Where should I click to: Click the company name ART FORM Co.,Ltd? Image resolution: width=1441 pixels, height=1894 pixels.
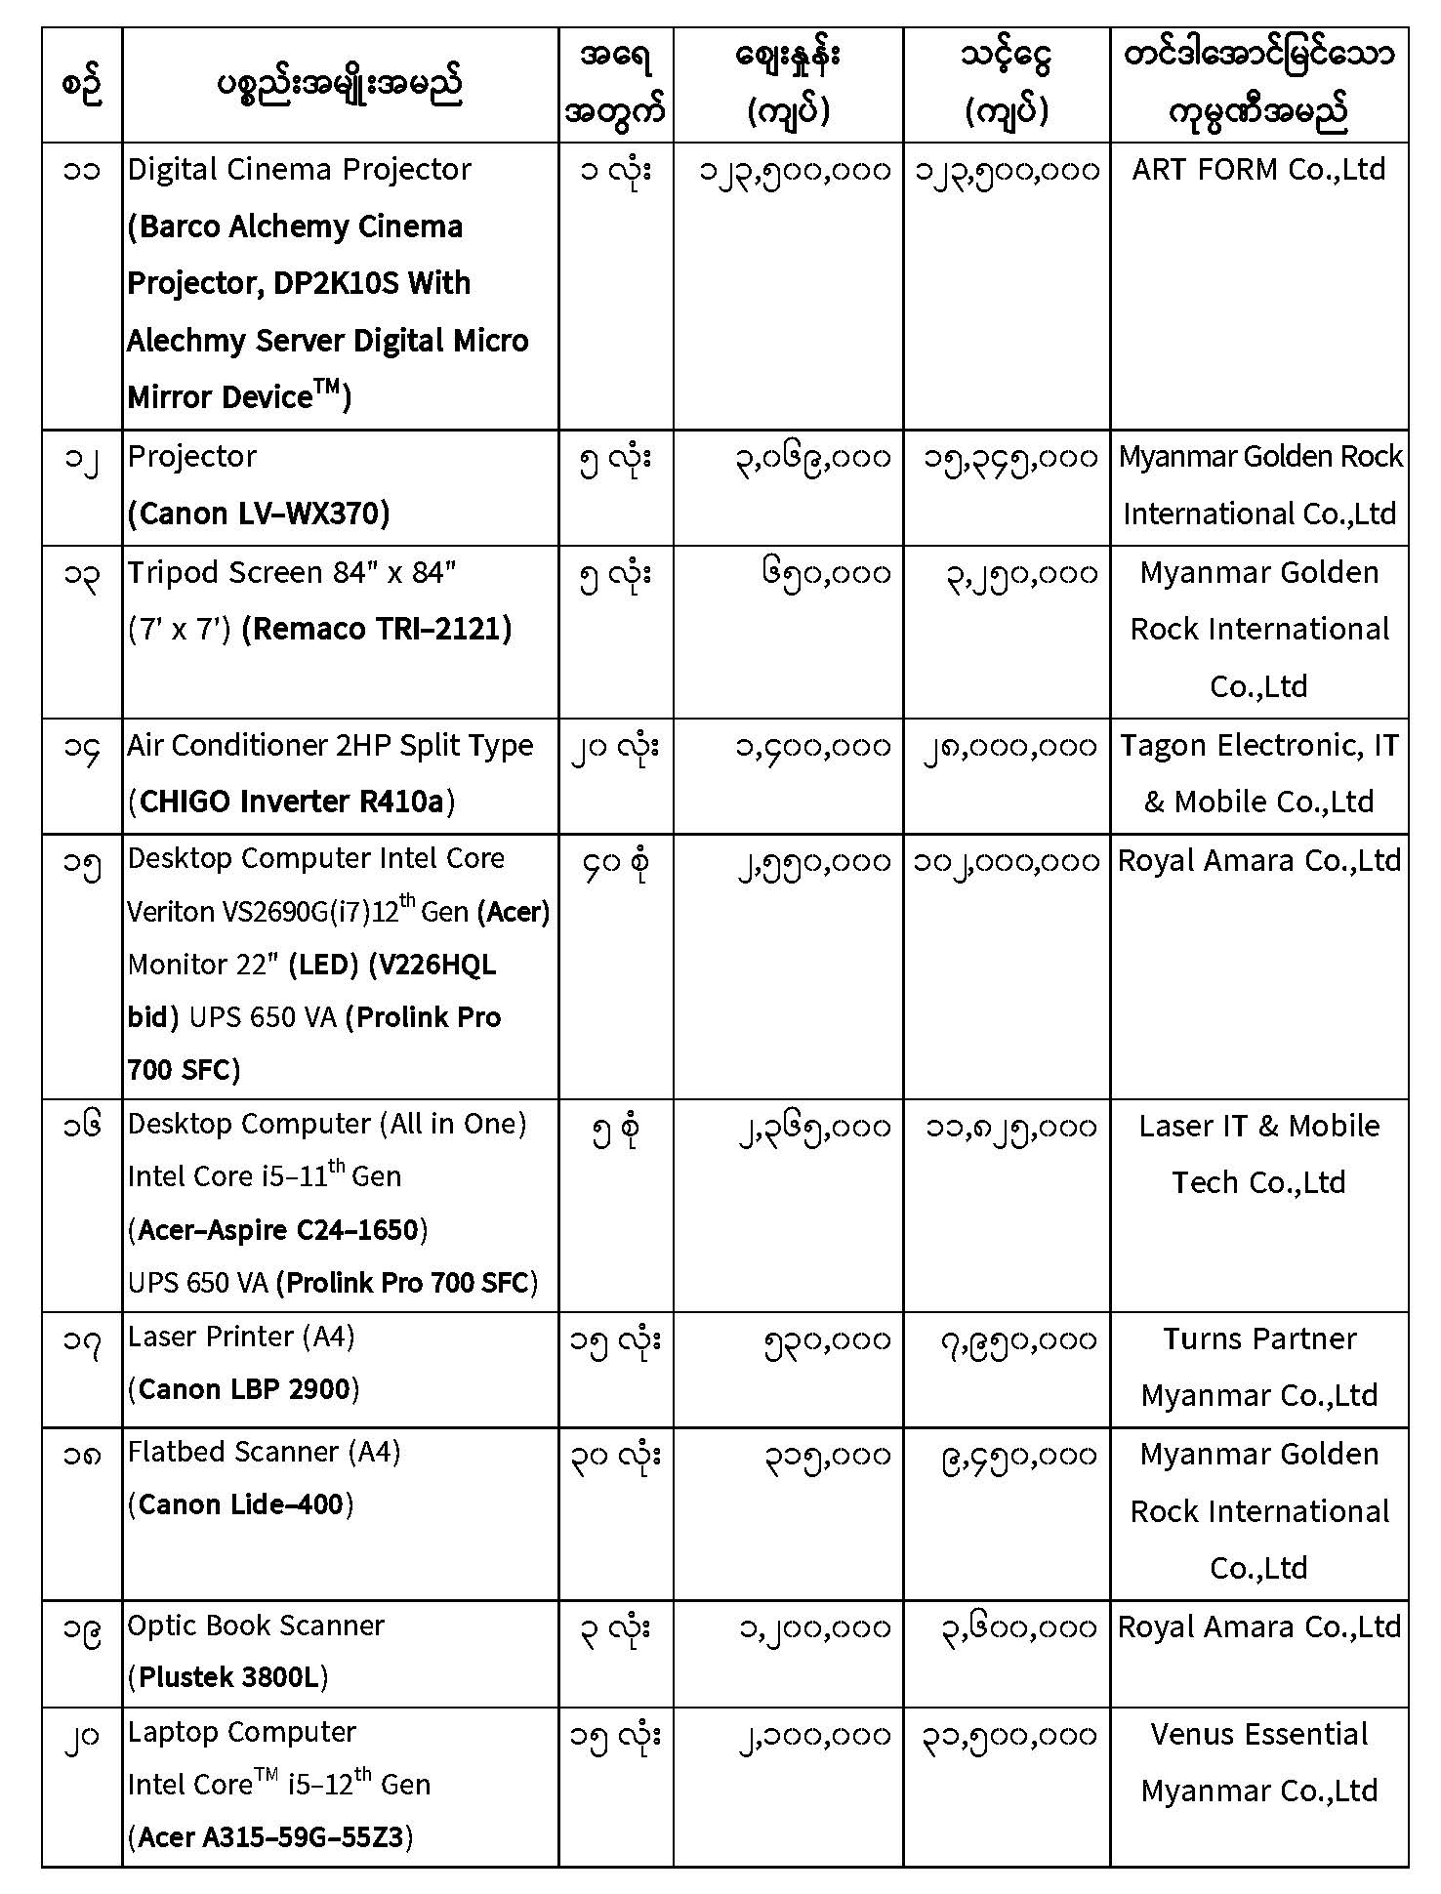1258,170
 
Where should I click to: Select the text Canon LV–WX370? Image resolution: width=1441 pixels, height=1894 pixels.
259,514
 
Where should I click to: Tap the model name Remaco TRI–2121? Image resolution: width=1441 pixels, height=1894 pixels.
377,629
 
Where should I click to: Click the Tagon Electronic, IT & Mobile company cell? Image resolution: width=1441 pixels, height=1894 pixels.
1258,773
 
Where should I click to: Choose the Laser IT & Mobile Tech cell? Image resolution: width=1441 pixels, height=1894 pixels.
1258,1154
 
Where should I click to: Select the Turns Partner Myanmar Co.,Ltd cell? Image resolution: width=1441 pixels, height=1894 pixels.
1258,1367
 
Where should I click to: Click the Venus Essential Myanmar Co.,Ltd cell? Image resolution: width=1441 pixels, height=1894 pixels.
1258,1762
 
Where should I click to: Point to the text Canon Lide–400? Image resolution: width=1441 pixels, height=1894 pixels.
240,1504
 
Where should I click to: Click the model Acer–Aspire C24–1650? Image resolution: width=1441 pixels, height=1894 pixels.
278,1229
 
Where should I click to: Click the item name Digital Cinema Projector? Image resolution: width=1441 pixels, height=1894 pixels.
299,170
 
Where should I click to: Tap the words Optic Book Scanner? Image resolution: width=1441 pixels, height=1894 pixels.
256,1626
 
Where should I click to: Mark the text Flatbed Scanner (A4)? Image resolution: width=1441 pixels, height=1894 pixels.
264,1452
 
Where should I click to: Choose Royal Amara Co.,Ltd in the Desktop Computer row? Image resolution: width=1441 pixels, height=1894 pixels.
1258,860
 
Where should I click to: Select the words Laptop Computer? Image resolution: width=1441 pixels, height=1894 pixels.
241,1732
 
